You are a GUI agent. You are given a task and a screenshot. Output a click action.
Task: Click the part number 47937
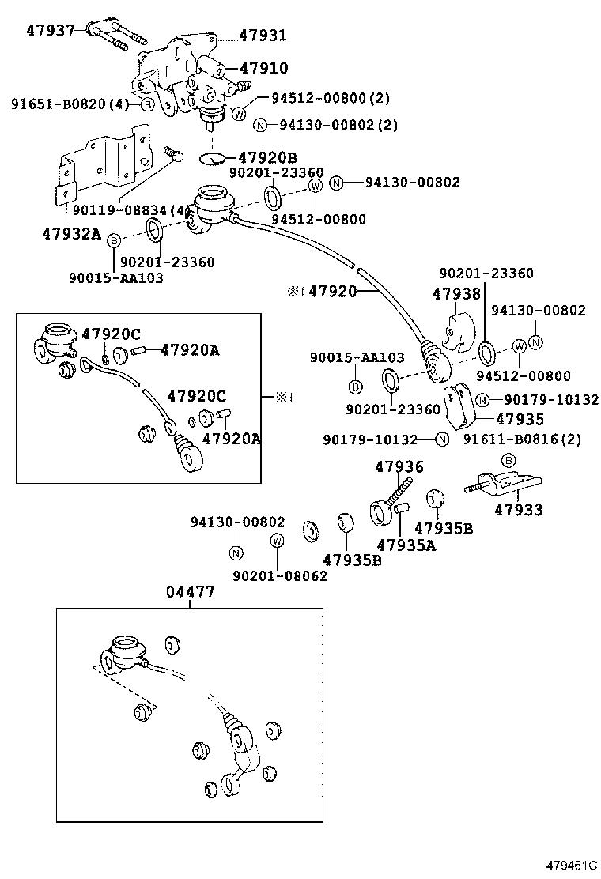click(50, 31)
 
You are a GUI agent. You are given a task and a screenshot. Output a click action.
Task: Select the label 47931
click(263, 36)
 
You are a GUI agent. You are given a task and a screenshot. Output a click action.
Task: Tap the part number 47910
click(263, 69)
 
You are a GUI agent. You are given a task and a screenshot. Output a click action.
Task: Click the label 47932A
click(71, 235)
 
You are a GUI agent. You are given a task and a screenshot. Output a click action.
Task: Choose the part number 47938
click(456, 294)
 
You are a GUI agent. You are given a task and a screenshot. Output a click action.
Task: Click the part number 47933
click(519, 510)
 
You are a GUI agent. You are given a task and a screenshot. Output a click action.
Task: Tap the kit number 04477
click(190, 593)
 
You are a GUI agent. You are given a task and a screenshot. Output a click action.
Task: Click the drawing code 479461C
click(567, 866)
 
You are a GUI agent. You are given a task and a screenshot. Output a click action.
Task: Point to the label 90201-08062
click(280, 576)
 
